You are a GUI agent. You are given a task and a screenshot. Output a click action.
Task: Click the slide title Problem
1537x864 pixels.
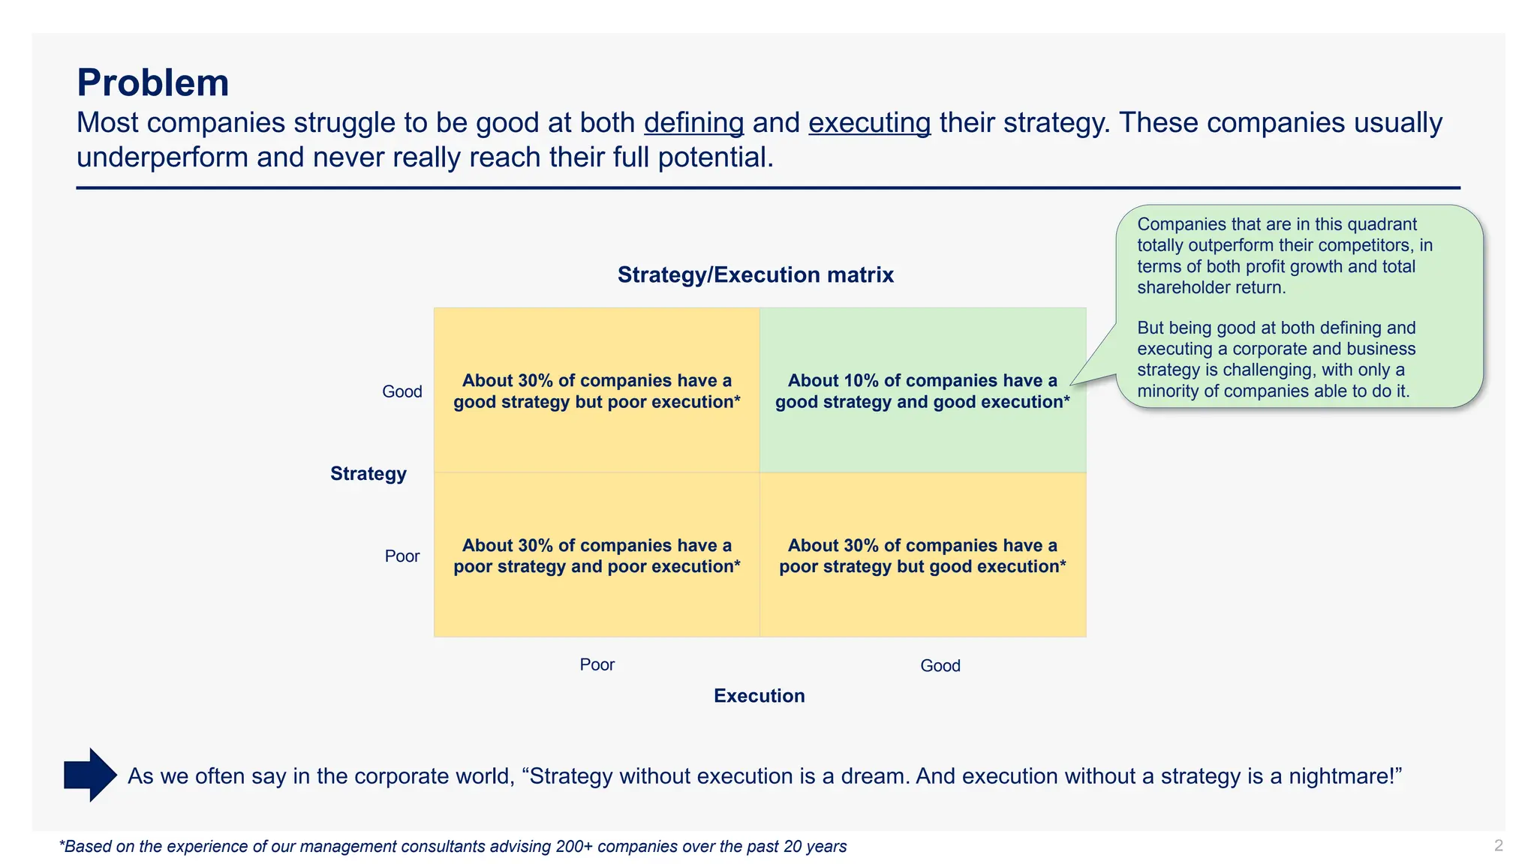point(152,82)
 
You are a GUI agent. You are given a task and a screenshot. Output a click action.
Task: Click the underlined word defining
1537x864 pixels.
point(693,123)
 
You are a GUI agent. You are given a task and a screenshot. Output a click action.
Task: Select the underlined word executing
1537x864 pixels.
point(869,123)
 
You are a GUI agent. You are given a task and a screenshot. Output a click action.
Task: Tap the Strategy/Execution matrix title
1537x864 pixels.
point(755,275)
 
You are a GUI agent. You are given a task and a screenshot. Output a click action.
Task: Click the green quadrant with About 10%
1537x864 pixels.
point(922,435)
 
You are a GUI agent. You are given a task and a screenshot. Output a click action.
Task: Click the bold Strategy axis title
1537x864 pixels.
point(368,474)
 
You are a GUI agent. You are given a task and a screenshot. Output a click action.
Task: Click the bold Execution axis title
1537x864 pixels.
point(759,696)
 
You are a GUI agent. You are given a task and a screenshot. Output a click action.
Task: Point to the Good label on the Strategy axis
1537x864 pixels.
point(402,391)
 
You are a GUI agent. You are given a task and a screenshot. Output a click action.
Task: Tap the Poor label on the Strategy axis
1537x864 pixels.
point(402,556)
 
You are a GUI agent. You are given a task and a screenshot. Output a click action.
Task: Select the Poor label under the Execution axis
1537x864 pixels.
point(597,665)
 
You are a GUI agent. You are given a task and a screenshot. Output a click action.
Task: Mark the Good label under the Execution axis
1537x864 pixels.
point(940,666)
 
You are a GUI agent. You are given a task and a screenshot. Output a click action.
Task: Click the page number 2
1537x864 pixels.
point(1498,846)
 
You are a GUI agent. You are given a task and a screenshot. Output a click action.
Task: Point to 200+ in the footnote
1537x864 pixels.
point(574,847)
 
